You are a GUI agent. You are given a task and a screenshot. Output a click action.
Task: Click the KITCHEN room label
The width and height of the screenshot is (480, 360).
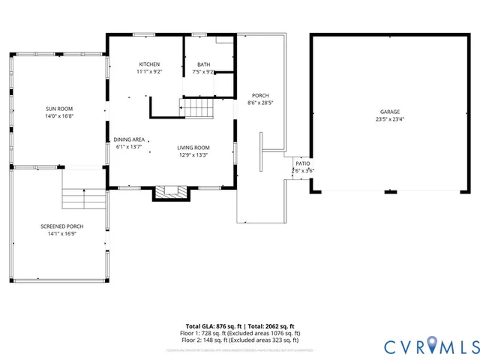149,64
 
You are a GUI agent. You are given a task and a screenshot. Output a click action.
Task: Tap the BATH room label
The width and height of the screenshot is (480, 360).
203,64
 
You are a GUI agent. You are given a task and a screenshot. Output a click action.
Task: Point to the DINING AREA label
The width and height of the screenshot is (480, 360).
129,139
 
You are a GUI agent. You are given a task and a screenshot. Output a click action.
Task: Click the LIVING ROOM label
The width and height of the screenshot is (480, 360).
193,148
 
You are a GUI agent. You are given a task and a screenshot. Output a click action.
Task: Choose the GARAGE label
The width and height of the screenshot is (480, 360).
389,112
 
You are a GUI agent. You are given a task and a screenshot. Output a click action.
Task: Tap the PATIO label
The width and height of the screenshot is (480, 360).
302,163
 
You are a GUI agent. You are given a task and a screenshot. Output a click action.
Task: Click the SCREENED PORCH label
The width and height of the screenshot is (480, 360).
61,226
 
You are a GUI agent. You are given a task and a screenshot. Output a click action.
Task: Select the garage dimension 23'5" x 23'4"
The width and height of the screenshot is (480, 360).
389,119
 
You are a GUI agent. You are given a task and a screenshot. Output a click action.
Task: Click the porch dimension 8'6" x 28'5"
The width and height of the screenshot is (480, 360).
260,103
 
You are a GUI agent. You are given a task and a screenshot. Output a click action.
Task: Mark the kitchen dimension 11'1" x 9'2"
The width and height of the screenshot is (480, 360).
149,72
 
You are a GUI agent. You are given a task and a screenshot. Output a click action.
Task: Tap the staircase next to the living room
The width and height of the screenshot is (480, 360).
199,109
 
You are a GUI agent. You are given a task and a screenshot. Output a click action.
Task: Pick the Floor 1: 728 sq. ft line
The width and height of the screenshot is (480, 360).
240,332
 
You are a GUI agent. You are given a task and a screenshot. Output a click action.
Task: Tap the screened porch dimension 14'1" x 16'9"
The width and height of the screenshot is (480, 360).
61,234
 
